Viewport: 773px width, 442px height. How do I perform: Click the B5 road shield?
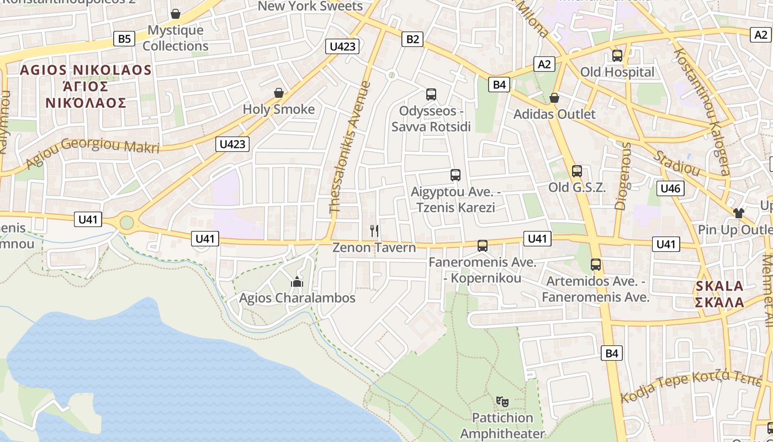pos(124,39)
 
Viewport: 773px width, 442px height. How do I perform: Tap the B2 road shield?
pos(412,39)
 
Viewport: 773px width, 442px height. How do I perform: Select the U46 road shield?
pos(670,188)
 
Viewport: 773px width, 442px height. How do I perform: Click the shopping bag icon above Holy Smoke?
pos(279,93)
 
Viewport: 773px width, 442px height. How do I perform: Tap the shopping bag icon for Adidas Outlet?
pos(554,98)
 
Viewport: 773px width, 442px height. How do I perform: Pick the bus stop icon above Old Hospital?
pos(617,56)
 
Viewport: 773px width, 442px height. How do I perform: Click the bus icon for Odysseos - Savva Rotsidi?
pos(431,94)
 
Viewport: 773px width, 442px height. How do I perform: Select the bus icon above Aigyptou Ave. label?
pos(456,175)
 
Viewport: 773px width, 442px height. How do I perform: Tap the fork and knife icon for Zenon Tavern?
pos(374,231)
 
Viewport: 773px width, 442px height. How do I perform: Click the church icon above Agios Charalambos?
pos(297,282)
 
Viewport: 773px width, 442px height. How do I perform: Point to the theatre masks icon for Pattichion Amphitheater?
pos(502,401)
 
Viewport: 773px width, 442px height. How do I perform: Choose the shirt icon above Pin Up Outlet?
pos(739,213)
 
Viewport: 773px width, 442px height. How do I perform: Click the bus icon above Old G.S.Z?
pos(577,171)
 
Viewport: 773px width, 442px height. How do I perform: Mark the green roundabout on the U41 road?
pos(127,223)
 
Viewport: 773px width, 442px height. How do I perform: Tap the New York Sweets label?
pos(310,6)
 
